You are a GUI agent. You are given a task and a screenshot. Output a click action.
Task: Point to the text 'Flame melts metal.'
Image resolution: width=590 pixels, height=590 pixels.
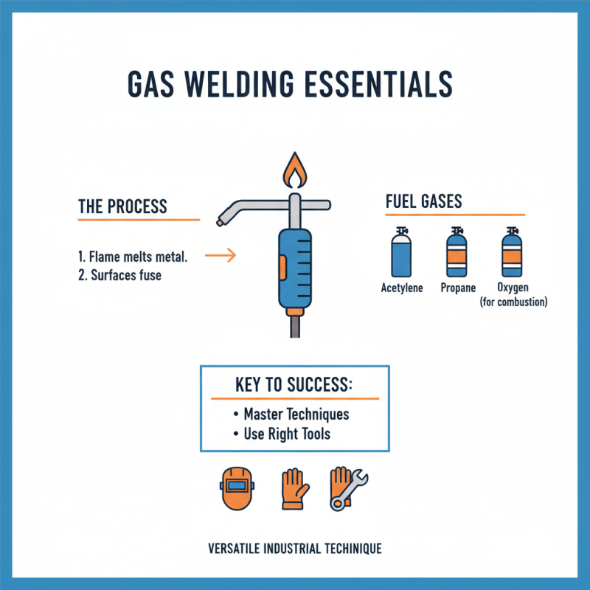tap(139, 257)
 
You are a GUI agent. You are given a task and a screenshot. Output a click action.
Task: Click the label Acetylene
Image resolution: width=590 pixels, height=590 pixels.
tap(402, 288)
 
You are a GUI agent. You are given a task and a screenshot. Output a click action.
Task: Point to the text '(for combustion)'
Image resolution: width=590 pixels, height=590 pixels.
tap(513, 302)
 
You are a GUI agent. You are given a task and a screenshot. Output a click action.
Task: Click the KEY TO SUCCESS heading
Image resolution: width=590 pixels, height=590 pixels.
tap(294, 386)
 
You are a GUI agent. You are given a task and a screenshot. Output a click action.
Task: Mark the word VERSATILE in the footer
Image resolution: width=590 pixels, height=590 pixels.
tap(235, 549)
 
